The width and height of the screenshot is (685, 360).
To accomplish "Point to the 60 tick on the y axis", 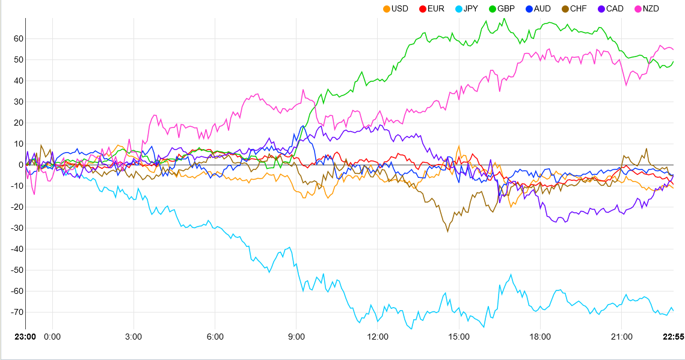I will point(17,38).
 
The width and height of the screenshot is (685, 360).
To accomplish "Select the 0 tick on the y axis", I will point(20,165).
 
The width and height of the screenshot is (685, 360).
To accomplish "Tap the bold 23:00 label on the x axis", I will point(25,337).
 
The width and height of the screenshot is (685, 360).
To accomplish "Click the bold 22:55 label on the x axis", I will point(673,337).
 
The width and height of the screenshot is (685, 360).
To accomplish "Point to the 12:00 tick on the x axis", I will point(378,337).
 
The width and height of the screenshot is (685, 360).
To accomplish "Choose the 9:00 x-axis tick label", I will point(296,337).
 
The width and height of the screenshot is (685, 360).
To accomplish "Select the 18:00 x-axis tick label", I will point(540,337).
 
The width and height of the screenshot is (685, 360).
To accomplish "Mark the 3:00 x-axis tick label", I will point(134,337).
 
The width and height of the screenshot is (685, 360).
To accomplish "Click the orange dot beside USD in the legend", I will point(387,8).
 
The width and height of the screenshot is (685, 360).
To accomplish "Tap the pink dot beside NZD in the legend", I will point(637,8).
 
